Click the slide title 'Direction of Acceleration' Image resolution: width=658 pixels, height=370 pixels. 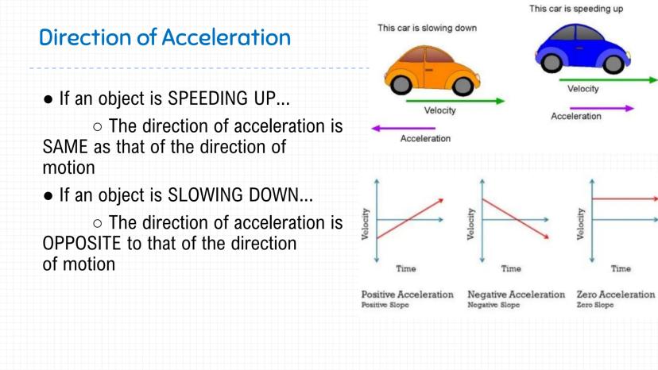coord(165,37)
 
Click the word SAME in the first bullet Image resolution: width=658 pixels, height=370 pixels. coord(65,147)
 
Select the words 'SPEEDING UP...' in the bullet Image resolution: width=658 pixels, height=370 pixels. coord(229,98)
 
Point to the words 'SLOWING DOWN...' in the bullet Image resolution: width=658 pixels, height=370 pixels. coord(241,195)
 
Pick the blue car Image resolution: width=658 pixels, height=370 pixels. coord(583,48)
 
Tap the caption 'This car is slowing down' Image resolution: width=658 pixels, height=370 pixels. coord(428,28)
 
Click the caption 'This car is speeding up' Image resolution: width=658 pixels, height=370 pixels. coord(576,9)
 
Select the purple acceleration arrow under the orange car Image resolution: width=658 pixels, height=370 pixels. coord(403,129)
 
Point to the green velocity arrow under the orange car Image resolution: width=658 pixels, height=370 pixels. coord(455,101)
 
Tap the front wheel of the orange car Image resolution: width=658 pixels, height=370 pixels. coord(463,86)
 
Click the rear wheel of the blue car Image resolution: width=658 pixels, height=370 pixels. coord(552,63)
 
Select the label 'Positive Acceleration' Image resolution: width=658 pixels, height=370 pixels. coord(408,295)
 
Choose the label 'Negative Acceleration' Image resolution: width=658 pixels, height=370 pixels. coord(517,295)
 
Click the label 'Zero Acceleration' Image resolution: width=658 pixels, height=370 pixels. coord(616,295)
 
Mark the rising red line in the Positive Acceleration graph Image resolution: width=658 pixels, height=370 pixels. coord(410,218)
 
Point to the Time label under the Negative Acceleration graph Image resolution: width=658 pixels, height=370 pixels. coord(511,268)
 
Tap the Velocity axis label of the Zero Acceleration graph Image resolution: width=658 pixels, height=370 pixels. coord(581,224)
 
